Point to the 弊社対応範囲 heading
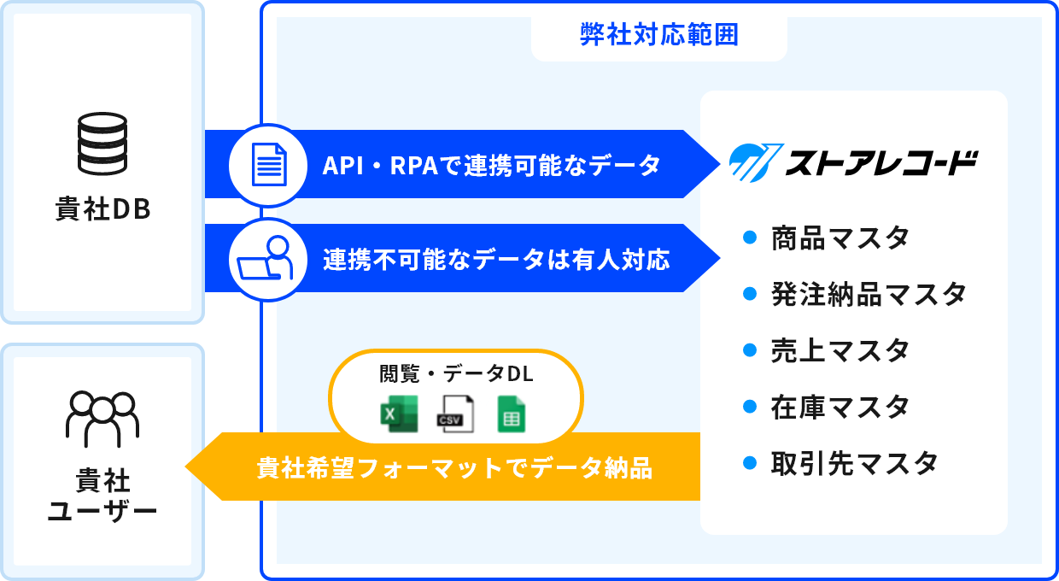[658, 35]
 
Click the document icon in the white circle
[268, 164]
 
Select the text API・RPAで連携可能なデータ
[491, 165]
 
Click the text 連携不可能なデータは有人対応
[495, 259]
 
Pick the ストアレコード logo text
[880, 163]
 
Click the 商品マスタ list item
[840, 238]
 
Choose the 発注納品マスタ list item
[868, 294]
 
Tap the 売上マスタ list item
[840, 350]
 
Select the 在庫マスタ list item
[840, 407]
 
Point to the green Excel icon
[398, 414]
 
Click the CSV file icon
[454, 414]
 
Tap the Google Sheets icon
[512, 414]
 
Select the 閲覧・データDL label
[456, 374]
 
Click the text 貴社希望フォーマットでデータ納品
[454, 468]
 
